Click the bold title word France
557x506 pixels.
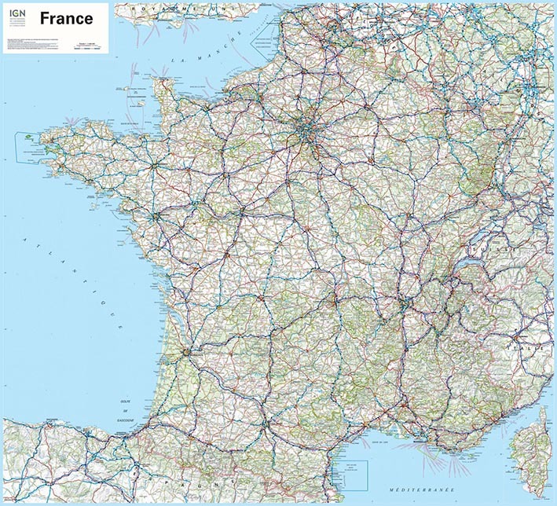[x=66, y=18]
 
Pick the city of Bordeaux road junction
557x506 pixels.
[x=185, y=351]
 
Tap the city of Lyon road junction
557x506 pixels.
[x=406, y=301]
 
